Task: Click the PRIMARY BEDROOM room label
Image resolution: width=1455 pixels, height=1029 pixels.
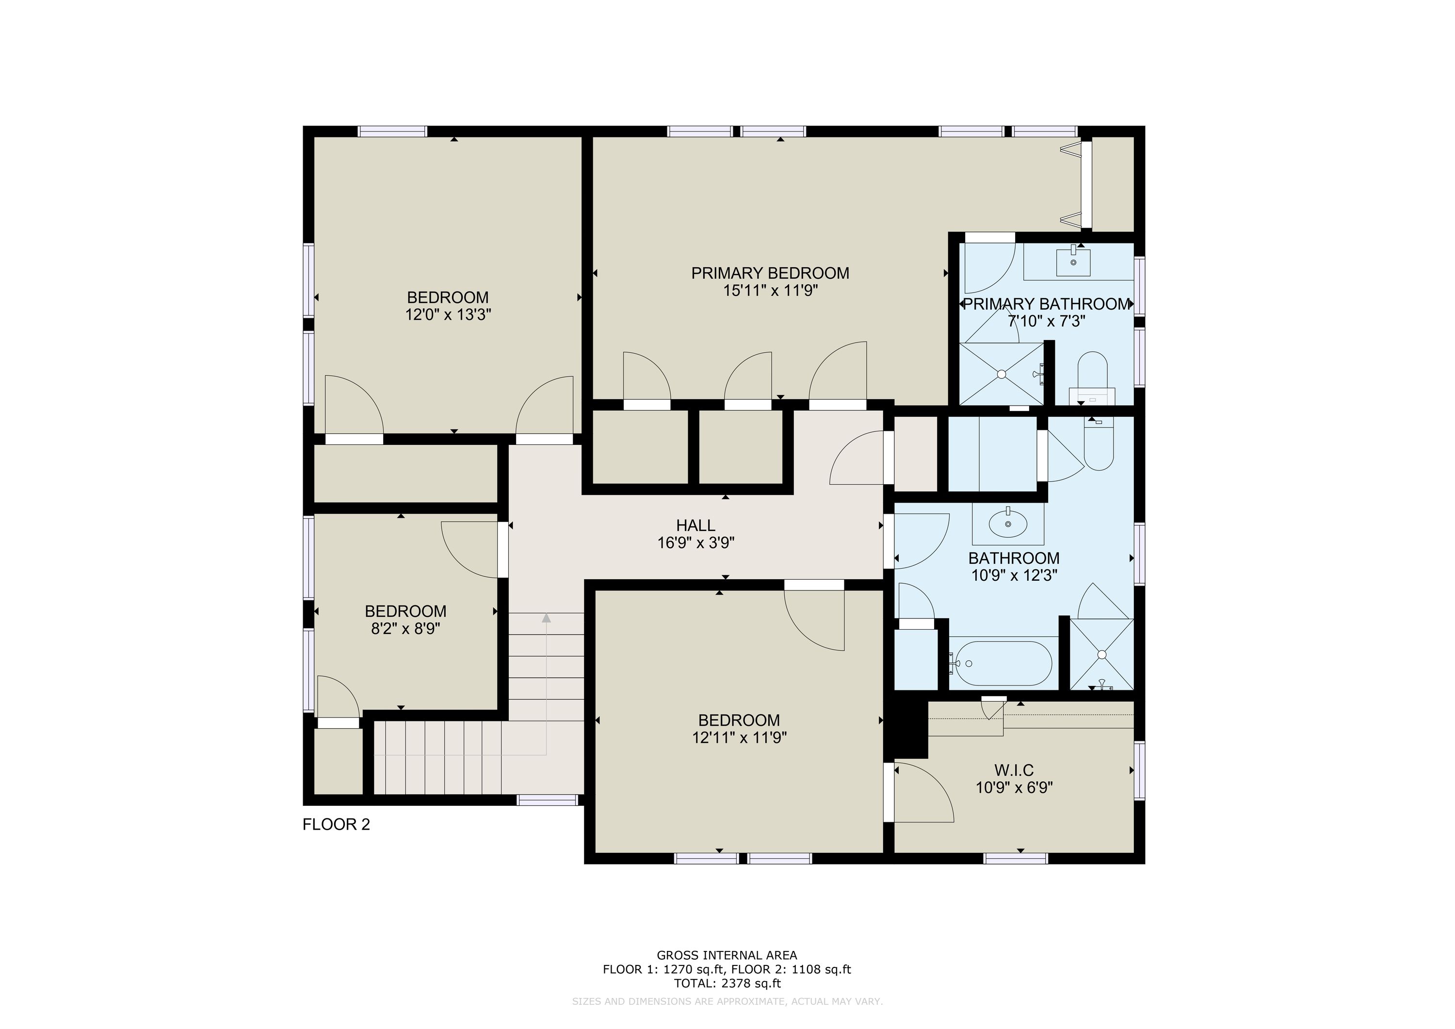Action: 770,273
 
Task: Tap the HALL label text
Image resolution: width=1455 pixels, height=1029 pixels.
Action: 696,525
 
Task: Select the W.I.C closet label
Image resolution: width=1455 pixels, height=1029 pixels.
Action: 1014,770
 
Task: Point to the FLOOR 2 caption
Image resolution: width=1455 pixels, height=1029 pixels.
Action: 337,824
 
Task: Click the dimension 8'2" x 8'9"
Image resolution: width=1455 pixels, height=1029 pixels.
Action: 405,629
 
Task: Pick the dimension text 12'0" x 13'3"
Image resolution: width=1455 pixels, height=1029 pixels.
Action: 448,315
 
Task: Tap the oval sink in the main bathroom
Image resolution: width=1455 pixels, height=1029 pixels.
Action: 1008,523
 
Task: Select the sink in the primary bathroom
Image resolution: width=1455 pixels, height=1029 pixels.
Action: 1073,262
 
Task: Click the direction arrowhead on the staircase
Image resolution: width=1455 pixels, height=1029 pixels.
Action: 546,618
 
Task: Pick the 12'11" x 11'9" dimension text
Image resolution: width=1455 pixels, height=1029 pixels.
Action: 740,738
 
